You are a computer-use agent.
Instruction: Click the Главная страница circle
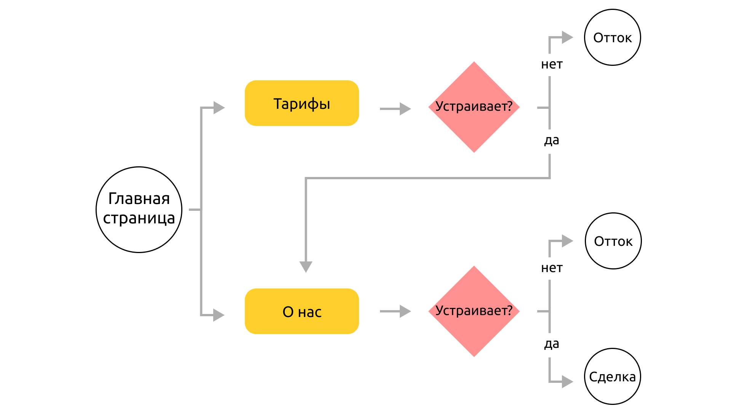139,210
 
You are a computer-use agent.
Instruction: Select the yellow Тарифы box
302,103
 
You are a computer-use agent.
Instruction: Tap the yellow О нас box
302,311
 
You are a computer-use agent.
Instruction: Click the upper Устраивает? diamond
474,107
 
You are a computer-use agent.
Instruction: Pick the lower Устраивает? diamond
474,311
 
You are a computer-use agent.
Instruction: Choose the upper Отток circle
613,37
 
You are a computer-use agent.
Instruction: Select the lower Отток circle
613,241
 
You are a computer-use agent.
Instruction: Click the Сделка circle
613,376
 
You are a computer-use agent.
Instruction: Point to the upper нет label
552,65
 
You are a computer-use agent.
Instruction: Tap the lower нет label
552,268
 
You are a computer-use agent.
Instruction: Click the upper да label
552,140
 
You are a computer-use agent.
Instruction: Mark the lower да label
552,344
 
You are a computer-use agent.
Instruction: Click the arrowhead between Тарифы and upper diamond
405,109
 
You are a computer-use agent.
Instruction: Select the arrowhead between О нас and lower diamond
405,311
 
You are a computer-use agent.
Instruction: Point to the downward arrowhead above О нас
306,267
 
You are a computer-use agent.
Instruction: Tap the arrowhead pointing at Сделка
568,382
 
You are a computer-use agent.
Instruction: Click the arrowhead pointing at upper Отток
568,37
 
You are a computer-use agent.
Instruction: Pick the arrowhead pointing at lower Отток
568,241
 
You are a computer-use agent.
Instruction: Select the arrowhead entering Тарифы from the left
219,108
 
